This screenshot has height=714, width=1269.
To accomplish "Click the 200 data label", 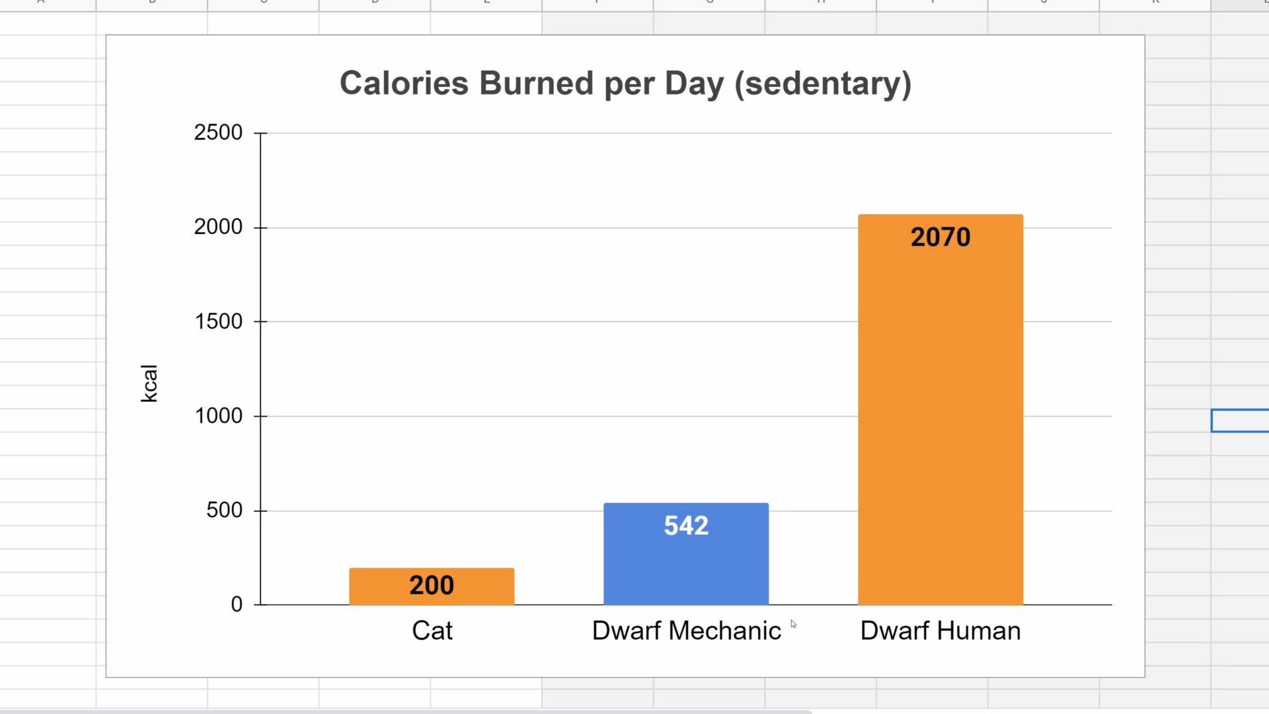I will [x=432, y=585].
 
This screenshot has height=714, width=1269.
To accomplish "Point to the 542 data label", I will [x=686, y=526].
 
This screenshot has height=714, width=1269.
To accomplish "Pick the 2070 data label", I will [x=940, y=237].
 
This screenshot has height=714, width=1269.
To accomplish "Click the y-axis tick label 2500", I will [x=218, y=132].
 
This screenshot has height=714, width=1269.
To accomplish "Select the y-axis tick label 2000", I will [x=218, y=227].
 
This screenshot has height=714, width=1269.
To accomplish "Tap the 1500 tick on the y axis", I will [x=218, y=321].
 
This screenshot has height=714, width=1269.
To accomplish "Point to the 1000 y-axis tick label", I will [x=218, y=416].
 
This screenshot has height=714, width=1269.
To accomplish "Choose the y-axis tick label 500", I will [x=224, y=510].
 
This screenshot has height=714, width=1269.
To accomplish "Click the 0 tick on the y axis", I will [x=237, y=604].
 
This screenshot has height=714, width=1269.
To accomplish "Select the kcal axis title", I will [x=149, y=383].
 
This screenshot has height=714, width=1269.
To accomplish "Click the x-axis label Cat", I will [x=432, y=631].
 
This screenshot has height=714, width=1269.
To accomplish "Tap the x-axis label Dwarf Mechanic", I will [x=686, y=631].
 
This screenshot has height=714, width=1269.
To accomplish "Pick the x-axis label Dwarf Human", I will [x=940, y=631].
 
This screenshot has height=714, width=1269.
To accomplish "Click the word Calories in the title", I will [x=404, y=83].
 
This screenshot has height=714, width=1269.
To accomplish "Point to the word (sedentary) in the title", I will [x=823, y=83].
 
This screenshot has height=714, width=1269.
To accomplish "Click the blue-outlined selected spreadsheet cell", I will [x=1240, y=420].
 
